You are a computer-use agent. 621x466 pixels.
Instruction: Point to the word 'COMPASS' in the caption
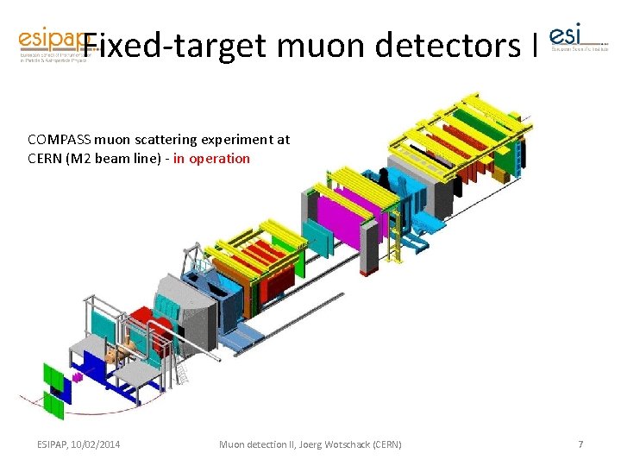pyautogui.click(x=60, y=139)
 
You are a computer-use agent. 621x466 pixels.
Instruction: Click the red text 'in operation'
pyautogui.click(x=211, y=159)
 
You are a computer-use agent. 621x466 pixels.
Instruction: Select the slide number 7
pyautogui.click(x=580, y=444)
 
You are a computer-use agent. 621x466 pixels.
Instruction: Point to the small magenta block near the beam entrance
pyautogui.click(x=77, y=377)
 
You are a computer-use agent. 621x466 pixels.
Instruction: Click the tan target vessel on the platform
pyautogui.click(x=120, y=350)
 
